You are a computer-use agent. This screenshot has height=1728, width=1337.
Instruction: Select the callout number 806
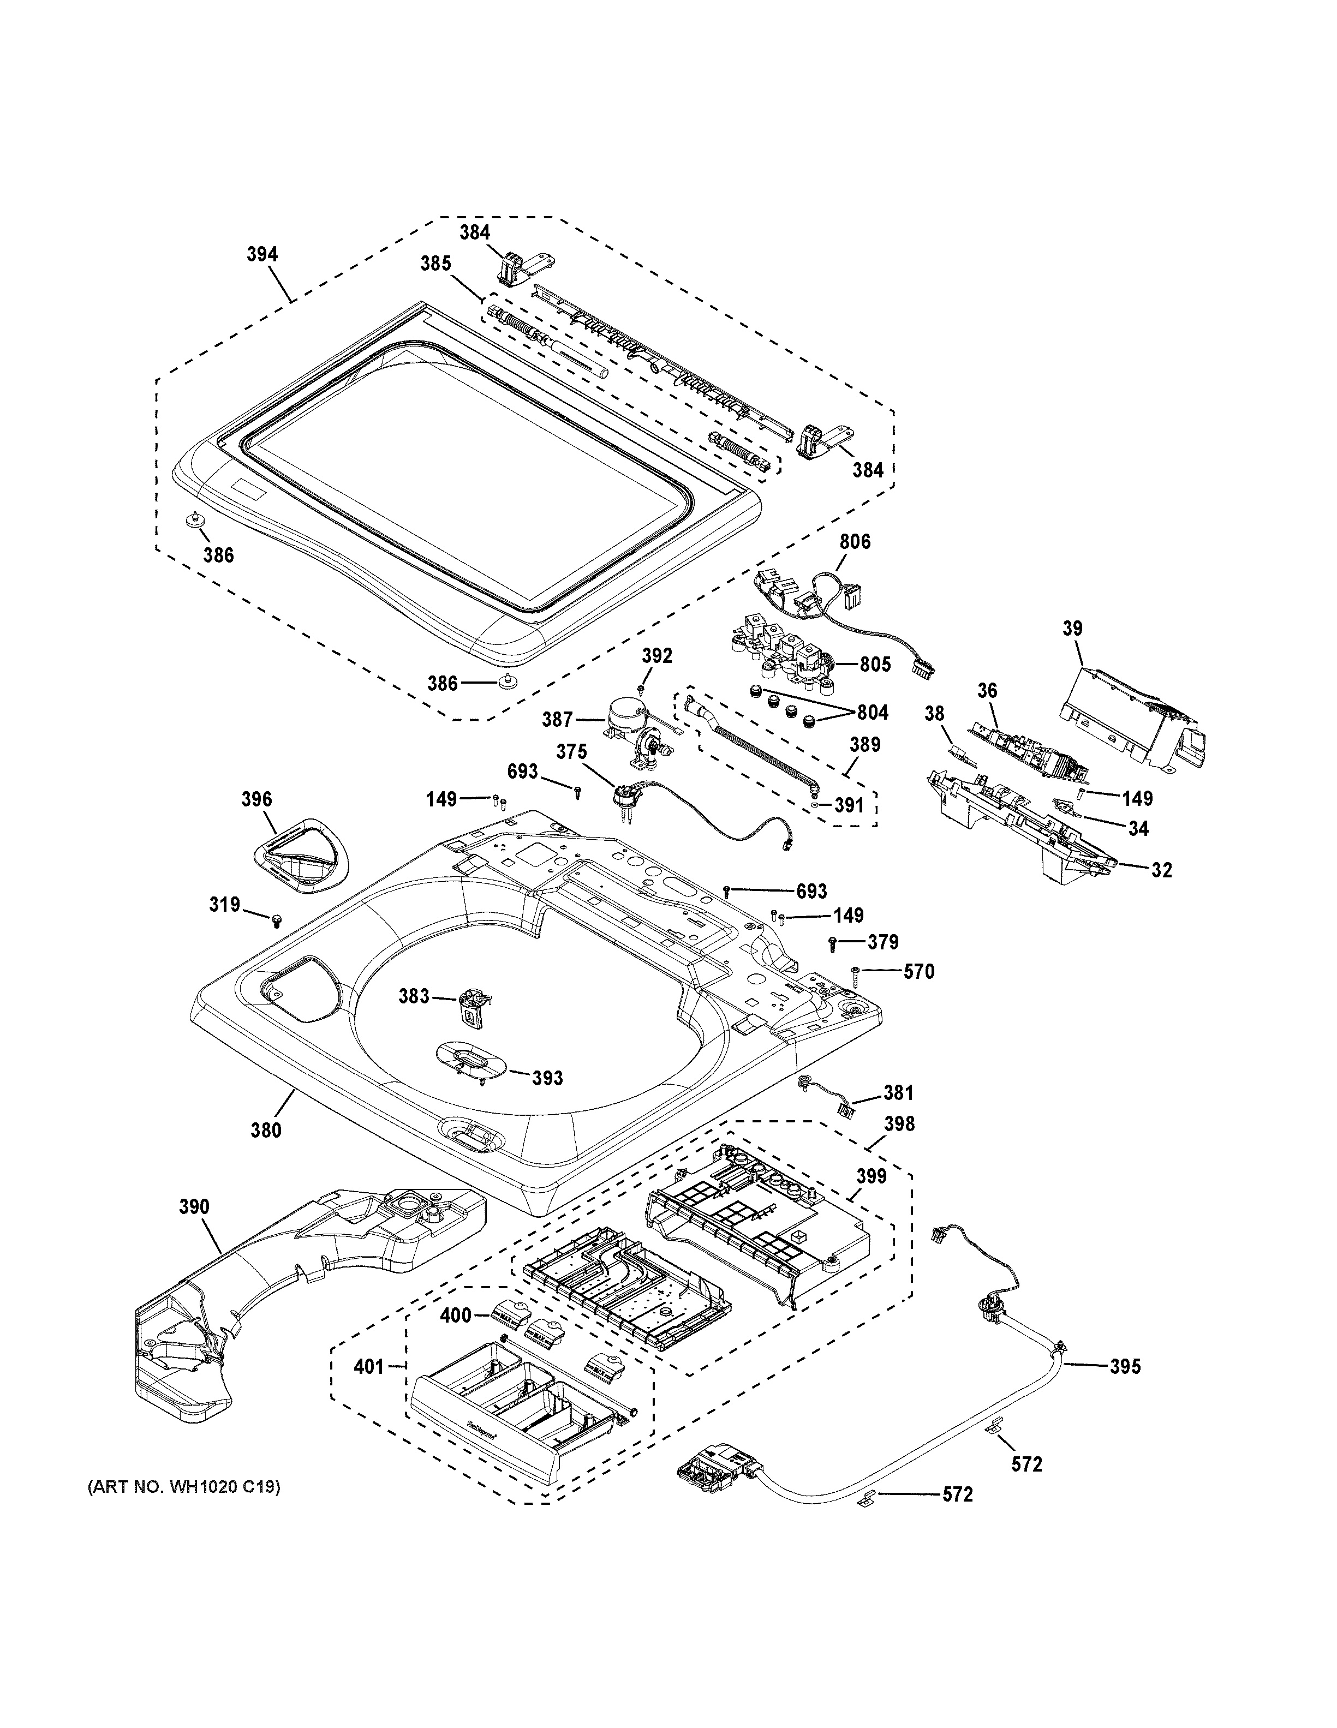tap(855, 541)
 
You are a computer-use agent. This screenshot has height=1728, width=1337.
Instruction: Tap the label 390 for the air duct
tap(194, 1206)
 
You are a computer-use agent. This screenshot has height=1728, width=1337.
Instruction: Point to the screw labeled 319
tap(277, 920)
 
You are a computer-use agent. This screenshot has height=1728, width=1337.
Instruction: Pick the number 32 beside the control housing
tap(1161, 870)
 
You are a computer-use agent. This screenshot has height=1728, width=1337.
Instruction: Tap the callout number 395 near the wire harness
tap(1125, 1366)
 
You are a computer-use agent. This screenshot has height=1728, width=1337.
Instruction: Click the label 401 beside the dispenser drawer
tap(369, 1366)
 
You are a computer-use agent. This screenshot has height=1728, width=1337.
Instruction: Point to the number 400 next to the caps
tap(455, 1315)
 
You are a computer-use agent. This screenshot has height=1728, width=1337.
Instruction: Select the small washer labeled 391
tap(815, 805)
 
